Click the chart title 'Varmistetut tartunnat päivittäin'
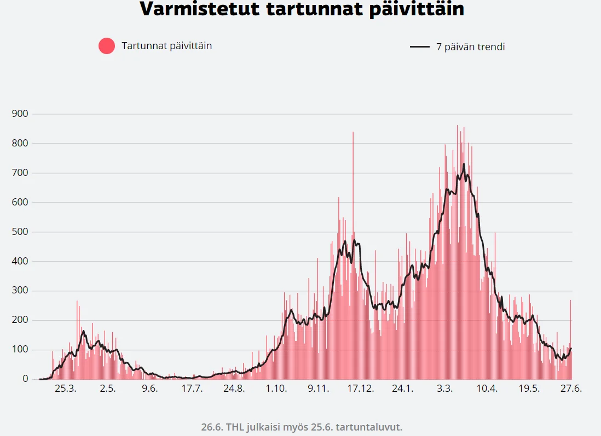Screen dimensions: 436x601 tap(302, 9)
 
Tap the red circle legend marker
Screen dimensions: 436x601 tap(107, 46)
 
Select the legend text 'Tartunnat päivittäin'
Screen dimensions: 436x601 tap(166, 46)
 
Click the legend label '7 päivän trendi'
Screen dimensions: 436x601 tap(470, 47)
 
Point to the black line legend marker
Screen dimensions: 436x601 tap(420, 47)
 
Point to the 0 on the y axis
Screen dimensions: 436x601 tap(25, 379)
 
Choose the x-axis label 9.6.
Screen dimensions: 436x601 tap(149, 388)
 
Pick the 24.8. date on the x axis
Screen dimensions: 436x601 tap(234, 388)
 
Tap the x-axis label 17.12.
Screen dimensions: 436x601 tap(360, 388)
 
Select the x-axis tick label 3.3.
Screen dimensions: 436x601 tap(444, 388)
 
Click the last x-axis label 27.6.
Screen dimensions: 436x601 tap(571, 388)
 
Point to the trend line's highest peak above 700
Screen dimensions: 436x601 tap(464, 164)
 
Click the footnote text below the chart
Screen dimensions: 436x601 tap(302, 426)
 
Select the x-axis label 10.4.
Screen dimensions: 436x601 tap(487, 388)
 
